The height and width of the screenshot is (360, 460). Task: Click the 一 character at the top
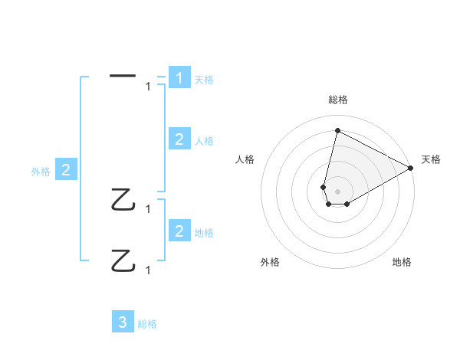[123, 76]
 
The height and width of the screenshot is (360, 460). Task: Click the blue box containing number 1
[179, 78]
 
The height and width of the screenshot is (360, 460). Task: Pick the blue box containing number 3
[123, 322]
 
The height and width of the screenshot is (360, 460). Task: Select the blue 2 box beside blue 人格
[179, 139]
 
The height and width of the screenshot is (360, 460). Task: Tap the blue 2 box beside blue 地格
[179, 231]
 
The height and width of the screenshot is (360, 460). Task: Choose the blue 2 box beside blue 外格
[66, 170]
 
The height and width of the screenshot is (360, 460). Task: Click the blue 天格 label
[204, 80]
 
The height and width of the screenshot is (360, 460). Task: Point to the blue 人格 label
[204, 141]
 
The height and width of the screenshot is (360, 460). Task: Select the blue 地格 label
[204, 232]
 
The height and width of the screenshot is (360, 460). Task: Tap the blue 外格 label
[41, 172]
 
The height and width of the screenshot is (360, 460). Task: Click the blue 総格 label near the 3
[147, 324]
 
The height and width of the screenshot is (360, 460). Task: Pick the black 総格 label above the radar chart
[337, 100]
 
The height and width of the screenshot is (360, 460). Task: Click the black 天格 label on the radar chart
[431, 159]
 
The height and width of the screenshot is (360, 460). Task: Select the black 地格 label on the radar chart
[402, 262]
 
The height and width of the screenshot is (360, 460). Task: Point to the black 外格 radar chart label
[269, 262]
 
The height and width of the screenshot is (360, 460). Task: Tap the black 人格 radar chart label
[245, 159]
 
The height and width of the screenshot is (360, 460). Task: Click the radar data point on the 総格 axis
[337, 130]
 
